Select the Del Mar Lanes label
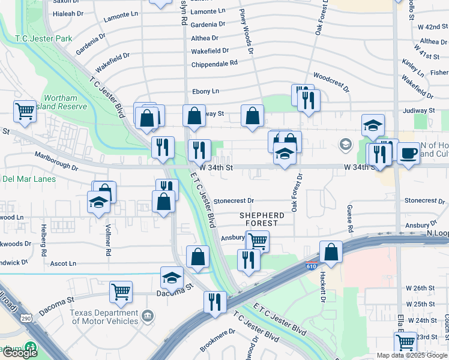(29, 179)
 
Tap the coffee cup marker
(408, 152)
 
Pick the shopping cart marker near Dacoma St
(121, 292)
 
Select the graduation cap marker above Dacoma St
(172, 277)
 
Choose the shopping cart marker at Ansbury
(258, 241)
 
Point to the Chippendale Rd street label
(214, 63)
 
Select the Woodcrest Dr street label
(331, 83)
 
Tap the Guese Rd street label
(349, 218)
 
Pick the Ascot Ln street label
(64, 263)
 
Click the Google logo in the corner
(20, 353)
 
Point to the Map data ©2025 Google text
(412, 355)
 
